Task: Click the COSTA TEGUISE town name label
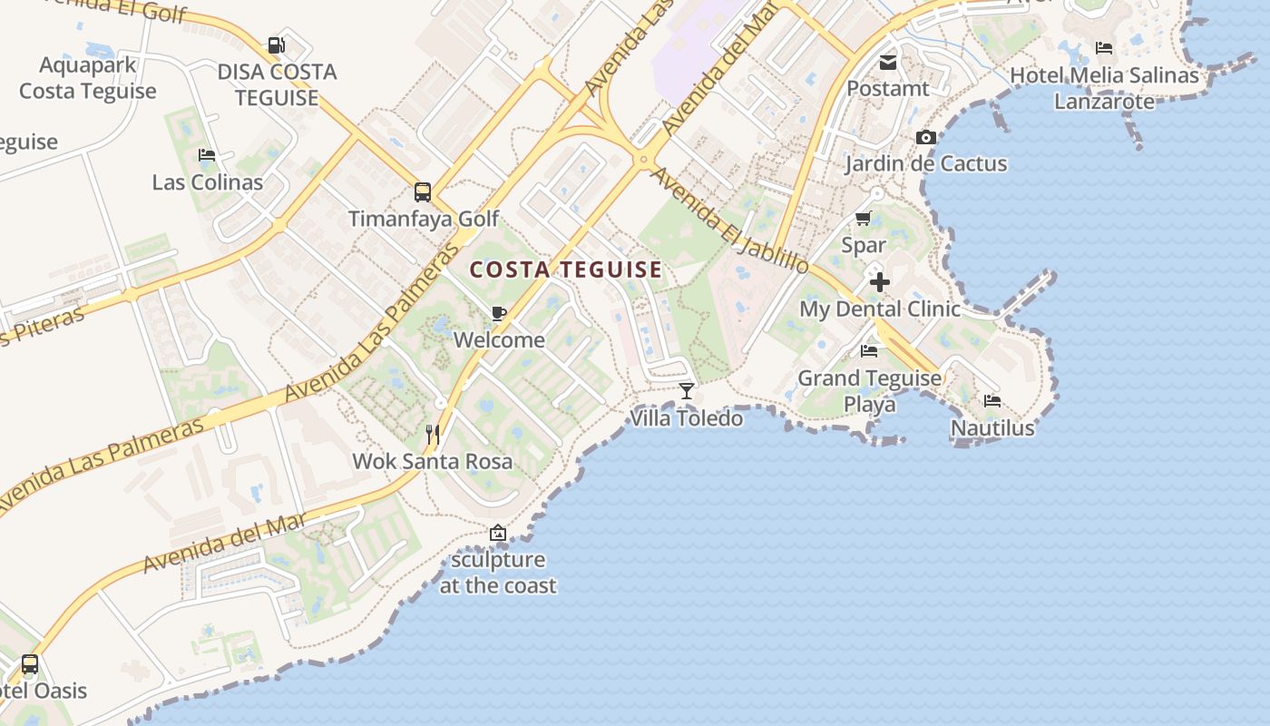click(566, 270)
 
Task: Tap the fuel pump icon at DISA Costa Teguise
click(276, 44)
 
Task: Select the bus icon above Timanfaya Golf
click(423, 191)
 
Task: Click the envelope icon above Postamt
click(887, 63)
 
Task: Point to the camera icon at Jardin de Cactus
click(926, 138)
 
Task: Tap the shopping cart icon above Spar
click(863, 219)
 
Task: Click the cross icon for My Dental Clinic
click(879, 282)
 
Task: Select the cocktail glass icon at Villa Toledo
click(687, 391)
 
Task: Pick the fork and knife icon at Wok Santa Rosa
click(433, 435)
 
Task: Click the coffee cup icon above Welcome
click(498, 314)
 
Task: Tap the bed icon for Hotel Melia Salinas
click(1104, 48)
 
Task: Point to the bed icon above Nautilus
click(992, 400)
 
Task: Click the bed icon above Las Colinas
click(207, 155)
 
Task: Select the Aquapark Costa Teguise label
click(88, 78)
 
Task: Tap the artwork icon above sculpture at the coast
click(497, 533)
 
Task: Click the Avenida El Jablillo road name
click(729, 221)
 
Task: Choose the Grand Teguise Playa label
click(869, 391)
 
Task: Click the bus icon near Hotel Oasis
click(30, 664)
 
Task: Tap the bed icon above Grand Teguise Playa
click(869, 351)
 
